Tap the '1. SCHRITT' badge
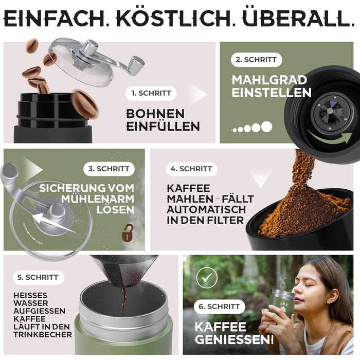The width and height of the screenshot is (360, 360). [151, 93]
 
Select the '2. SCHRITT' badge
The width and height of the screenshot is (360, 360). [256, 60]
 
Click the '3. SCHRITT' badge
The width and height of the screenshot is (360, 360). [109, 169]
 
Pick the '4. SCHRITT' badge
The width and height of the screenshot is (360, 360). [191, 169]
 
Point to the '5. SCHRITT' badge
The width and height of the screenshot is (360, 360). [38, 277]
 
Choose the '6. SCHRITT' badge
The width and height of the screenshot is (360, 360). [219, 307]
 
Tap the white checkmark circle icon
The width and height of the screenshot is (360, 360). [207, 278]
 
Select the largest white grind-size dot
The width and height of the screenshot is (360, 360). [266, 127]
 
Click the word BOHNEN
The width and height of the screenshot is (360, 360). [155, 114]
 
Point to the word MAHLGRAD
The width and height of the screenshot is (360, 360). [269, 80]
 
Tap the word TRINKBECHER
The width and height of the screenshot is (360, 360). [43, 334]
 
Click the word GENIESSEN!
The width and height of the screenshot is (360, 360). [234, 339]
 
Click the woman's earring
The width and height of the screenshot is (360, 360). [329, 301]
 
